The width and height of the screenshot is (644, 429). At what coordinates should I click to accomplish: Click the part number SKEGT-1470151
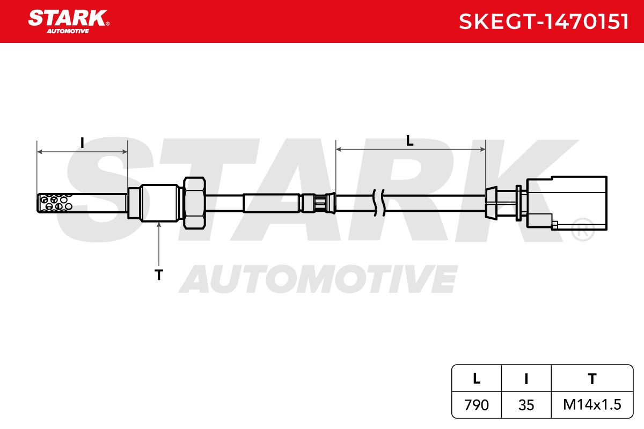coord(543,21)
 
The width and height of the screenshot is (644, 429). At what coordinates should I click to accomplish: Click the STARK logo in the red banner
coord(69,21)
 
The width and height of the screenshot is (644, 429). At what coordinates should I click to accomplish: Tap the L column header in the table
coord(477,379)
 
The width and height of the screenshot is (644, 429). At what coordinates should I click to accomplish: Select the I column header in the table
coord(526,379)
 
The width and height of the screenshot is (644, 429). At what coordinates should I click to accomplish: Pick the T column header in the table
coord(592,379)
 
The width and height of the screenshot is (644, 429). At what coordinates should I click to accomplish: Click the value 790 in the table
coord(477,405)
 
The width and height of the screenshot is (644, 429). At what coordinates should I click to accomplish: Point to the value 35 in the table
coord(526,405)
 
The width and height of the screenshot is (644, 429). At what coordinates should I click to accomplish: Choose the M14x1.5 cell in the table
coord(592,404)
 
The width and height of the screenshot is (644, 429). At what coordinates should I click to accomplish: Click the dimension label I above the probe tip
coord(82,143)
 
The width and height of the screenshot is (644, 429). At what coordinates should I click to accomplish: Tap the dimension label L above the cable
coord(409,141)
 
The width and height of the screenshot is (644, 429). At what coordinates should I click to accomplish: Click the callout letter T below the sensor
coord(159,275)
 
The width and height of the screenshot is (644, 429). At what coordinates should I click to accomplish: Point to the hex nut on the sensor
coord(194,203)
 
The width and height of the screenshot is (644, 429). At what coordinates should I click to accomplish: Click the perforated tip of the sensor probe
coord(55,203)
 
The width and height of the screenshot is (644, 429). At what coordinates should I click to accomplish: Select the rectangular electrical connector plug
coord(567,203)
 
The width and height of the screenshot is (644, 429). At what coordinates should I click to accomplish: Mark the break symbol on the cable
coord(379,203)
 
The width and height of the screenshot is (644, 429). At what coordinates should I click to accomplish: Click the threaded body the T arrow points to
coord(160,203)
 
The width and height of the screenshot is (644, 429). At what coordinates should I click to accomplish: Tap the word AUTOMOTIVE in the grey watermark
coord(318,279)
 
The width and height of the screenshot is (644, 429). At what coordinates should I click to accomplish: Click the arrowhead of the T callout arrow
coord(159,225)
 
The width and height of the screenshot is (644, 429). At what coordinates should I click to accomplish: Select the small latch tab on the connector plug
coord(554,225)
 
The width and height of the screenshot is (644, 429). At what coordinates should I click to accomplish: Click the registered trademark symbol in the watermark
coord(583,229)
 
